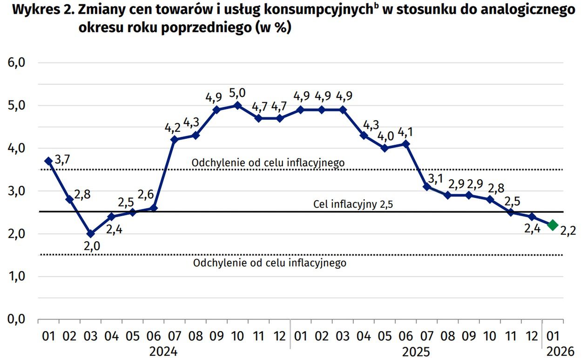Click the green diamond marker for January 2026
(553, 225)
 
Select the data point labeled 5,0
(237, 106)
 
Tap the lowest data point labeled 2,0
(90, 234)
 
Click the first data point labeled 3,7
(48, 161)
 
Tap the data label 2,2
(568, 231)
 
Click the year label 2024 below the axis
(163, 351)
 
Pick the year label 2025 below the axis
(416, 351)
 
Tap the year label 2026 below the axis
(553, 351)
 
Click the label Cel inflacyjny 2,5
(353, 204)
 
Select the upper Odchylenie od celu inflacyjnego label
(268, 163)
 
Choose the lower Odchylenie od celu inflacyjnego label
(270, 263)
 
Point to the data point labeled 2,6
(153, 208)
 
